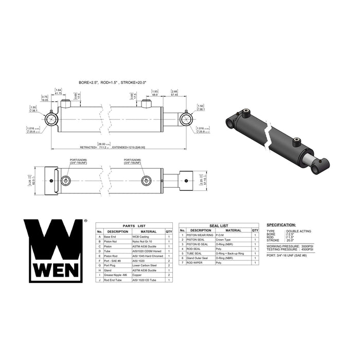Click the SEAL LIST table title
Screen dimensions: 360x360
[218, 225]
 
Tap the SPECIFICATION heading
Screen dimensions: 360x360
[281, 225]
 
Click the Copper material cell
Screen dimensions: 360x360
[137, 275]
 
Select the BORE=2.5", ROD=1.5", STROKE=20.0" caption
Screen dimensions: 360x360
[113, 82]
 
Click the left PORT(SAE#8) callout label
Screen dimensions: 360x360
[79, 162]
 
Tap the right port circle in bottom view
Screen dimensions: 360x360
[147, 181]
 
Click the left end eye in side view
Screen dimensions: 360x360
[53, 120]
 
